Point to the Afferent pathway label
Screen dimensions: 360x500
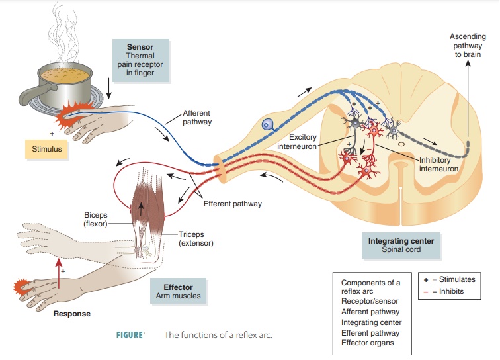click(198, 117)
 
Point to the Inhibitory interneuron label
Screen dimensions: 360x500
click(437, 163)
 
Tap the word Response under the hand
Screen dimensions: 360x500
click(72, 313)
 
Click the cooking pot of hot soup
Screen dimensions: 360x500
click(63, 83)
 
